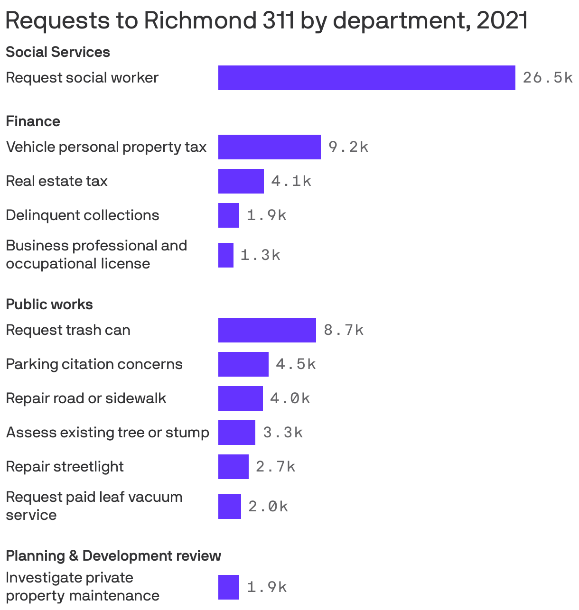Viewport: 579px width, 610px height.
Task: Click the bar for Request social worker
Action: tap(366, 78)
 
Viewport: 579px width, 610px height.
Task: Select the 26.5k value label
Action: tap(547, 78)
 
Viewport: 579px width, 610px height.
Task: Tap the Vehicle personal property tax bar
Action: tap(269, 147)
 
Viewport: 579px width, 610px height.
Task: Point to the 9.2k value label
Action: tap(348, 147)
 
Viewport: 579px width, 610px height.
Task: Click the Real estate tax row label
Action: tap(56, 181)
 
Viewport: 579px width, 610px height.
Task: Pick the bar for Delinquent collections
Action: tap(228, 215)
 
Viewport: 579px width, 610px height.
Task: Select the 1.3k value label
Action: tap(260, 255)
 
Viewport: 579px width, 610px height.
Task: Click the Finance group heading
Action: tap(33, 121)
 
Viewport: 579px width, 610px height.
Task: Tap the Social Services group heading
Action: tap(57, 52)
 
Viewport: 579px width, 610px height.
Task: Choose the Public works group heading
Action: tap(49, 305)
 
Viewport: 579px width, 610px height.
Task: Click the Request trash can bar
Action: tap(267, 330)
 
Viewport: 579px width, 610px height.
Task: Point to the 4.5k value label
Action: tap(296, 364)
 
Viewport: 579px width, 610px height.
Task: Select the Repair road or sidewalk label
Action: tap(86, 398)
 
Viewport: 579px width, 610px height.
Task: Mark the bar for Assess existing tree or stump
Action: tap(236, 433)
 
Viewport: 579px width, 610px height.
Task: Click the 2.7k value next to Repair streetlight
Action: tap(275, 467)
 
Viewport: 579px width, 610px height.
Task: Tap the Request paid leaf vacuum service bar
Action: tap(229, 507)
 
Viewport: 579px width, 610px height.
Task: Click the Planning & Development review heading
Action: tap(113, 555)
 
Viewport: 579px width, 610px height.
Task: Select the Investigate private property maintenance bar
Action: tap(228, 587)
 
